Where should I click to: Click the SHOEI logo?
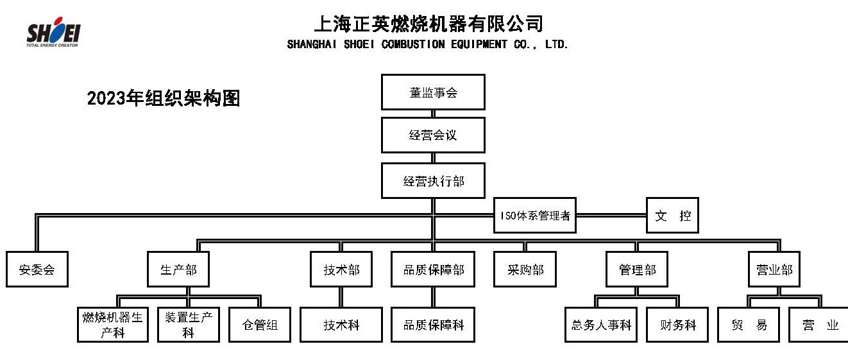[53, 32]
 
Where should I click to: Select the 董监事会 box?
[433, 92]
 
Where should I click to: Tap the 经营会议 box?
[433, 135]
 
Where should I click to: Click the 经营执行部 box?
[433, 181]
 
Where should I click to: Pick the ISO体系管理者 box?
[535, 216]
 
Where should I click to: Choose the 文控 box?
[672, 216]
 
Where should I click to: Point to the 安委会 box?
[37, 269]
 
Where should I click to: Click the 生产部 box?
[178, 269]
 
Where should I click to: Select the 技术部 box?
[341, 269]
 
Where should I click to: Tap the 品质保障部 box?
[433, 269]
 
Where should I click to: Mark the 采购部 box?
[525, 269]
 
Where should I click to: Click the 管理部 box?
[637, 269]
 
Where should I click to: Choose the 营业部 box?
[774, 269]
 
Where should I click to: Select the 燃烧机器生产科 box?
[113, 325]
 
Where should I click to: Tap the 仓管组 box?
[260, 325]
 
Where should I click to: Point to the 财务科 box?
[677, 325]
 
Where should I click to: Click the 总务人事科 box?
[601, 325]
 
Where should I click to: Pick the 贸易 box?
[749, 325]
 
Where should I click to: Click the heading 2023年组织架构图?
[164, 98]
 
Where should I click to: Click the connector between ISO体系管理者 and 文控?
[611, 216]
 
